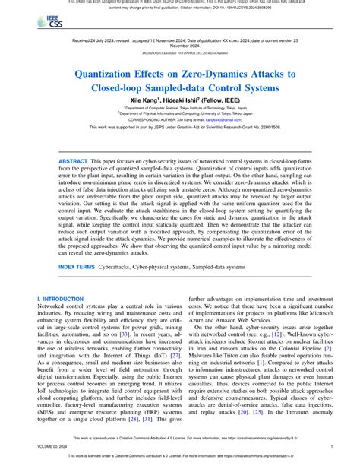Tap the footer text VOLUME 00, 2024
pyautogui.click(x=52, y=449)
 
